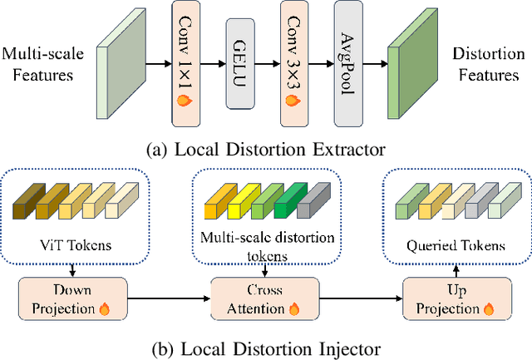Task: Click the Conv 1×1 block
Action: pos(189,62)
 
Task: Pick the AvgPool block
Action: pos(348,62)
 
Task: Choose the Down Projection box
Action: pos(72,299)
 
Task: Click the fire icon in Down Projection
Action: pos(105,308)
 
